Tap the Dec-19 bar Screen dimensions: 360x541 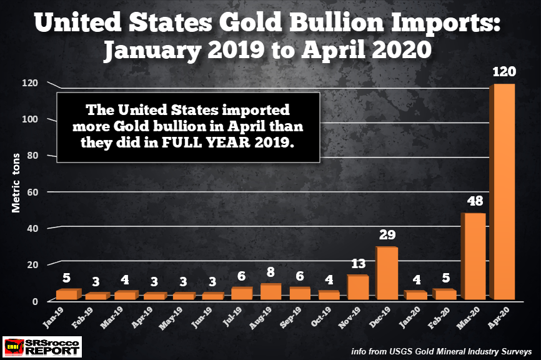click(386, 273)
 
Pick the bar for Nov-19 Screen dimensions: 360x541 click(357, 287)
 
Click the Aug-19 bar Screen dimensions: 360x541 click(269, 291)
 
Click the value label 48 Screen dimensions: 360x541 click(474, 202)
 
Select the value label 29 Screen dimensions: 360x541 click(385, 236)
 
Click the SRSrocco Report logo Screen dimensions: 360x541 click(42, 346)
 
